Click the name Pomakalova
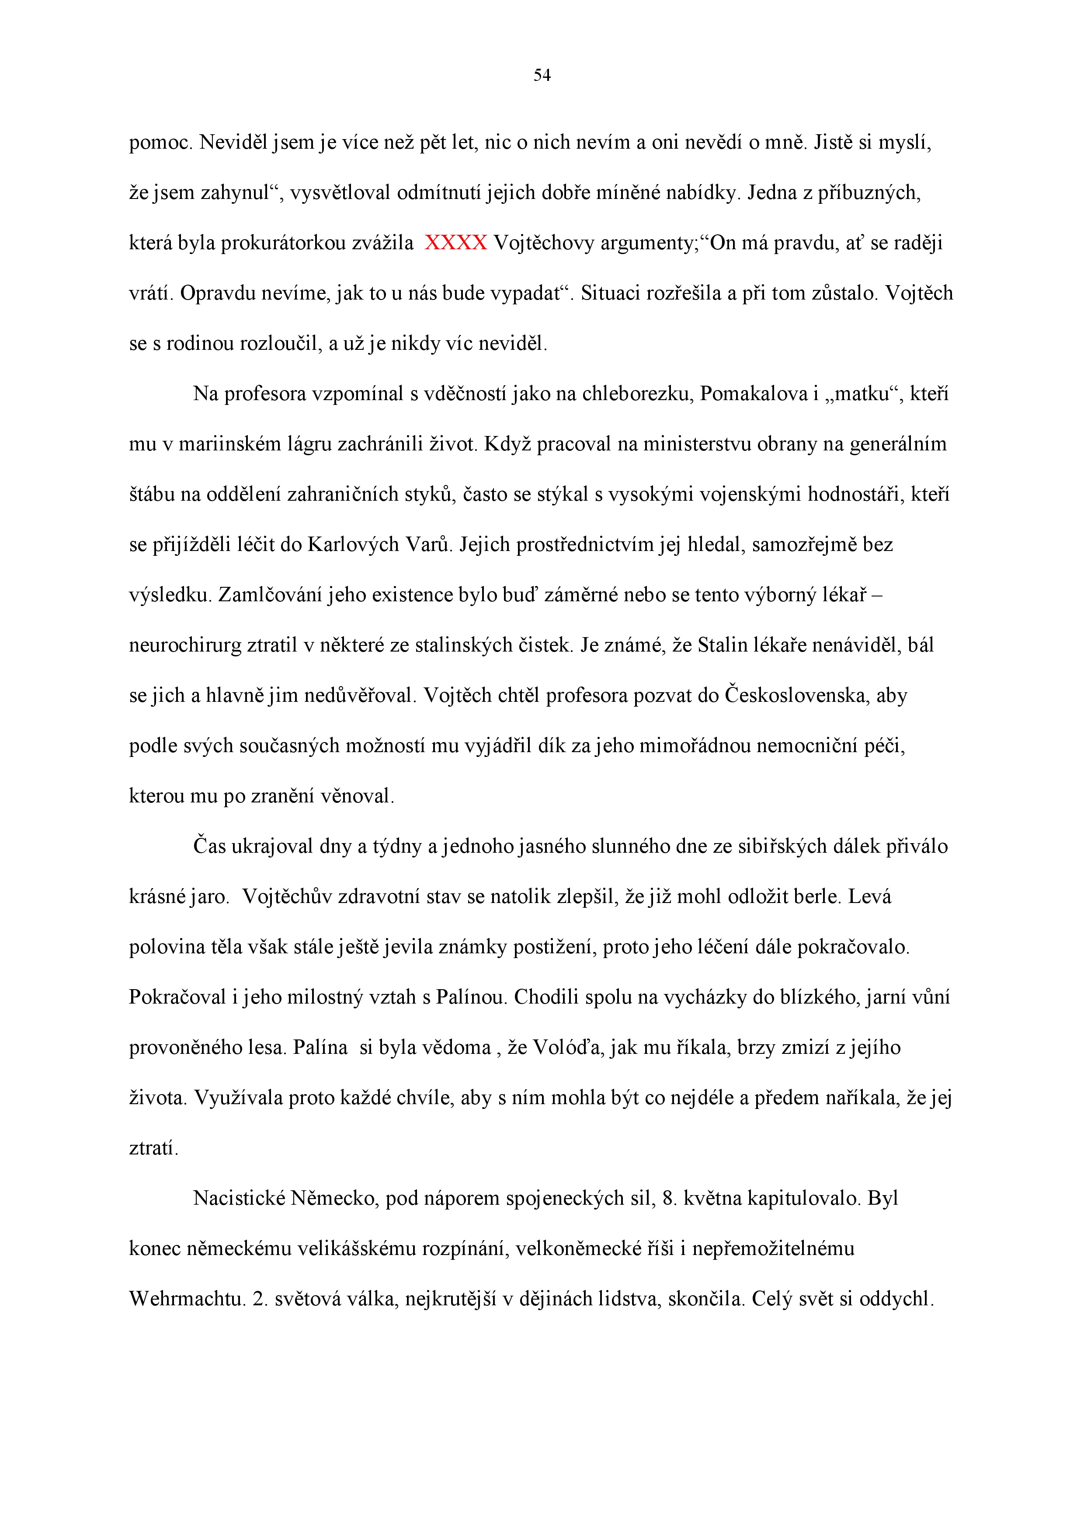click(x=754, y=394)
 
